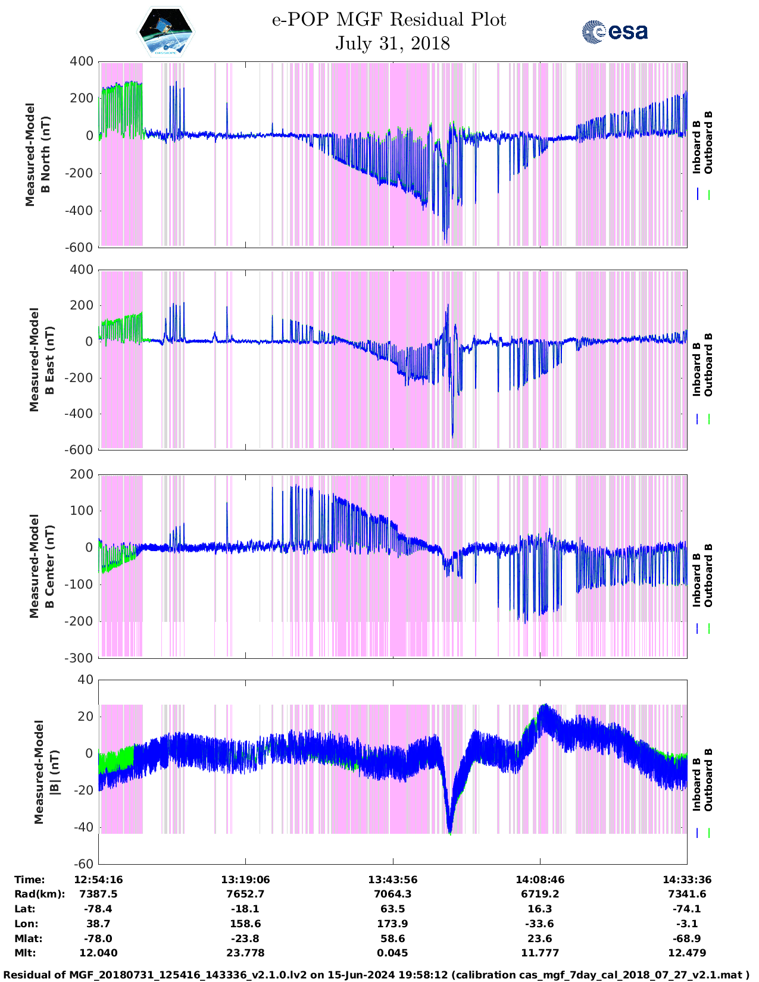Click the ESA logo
pos(614,32)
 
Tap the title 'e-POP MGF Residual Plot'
pos(389,20)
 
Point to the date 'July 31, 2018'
pos(392,43)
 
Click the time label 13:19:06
pos(245,880)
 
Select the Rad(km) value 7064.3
pos(392,894)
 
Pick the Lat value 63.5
pos(392,909)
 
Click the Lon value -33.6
pos(539,924)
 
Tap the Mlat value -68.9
pos(686,939)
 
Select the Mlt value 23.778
pos(245,953)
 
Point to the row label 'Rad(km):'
pos(39,894)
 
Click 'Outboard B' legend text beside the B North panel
pos(708,143)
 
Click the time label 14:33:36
pos(686,880)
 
